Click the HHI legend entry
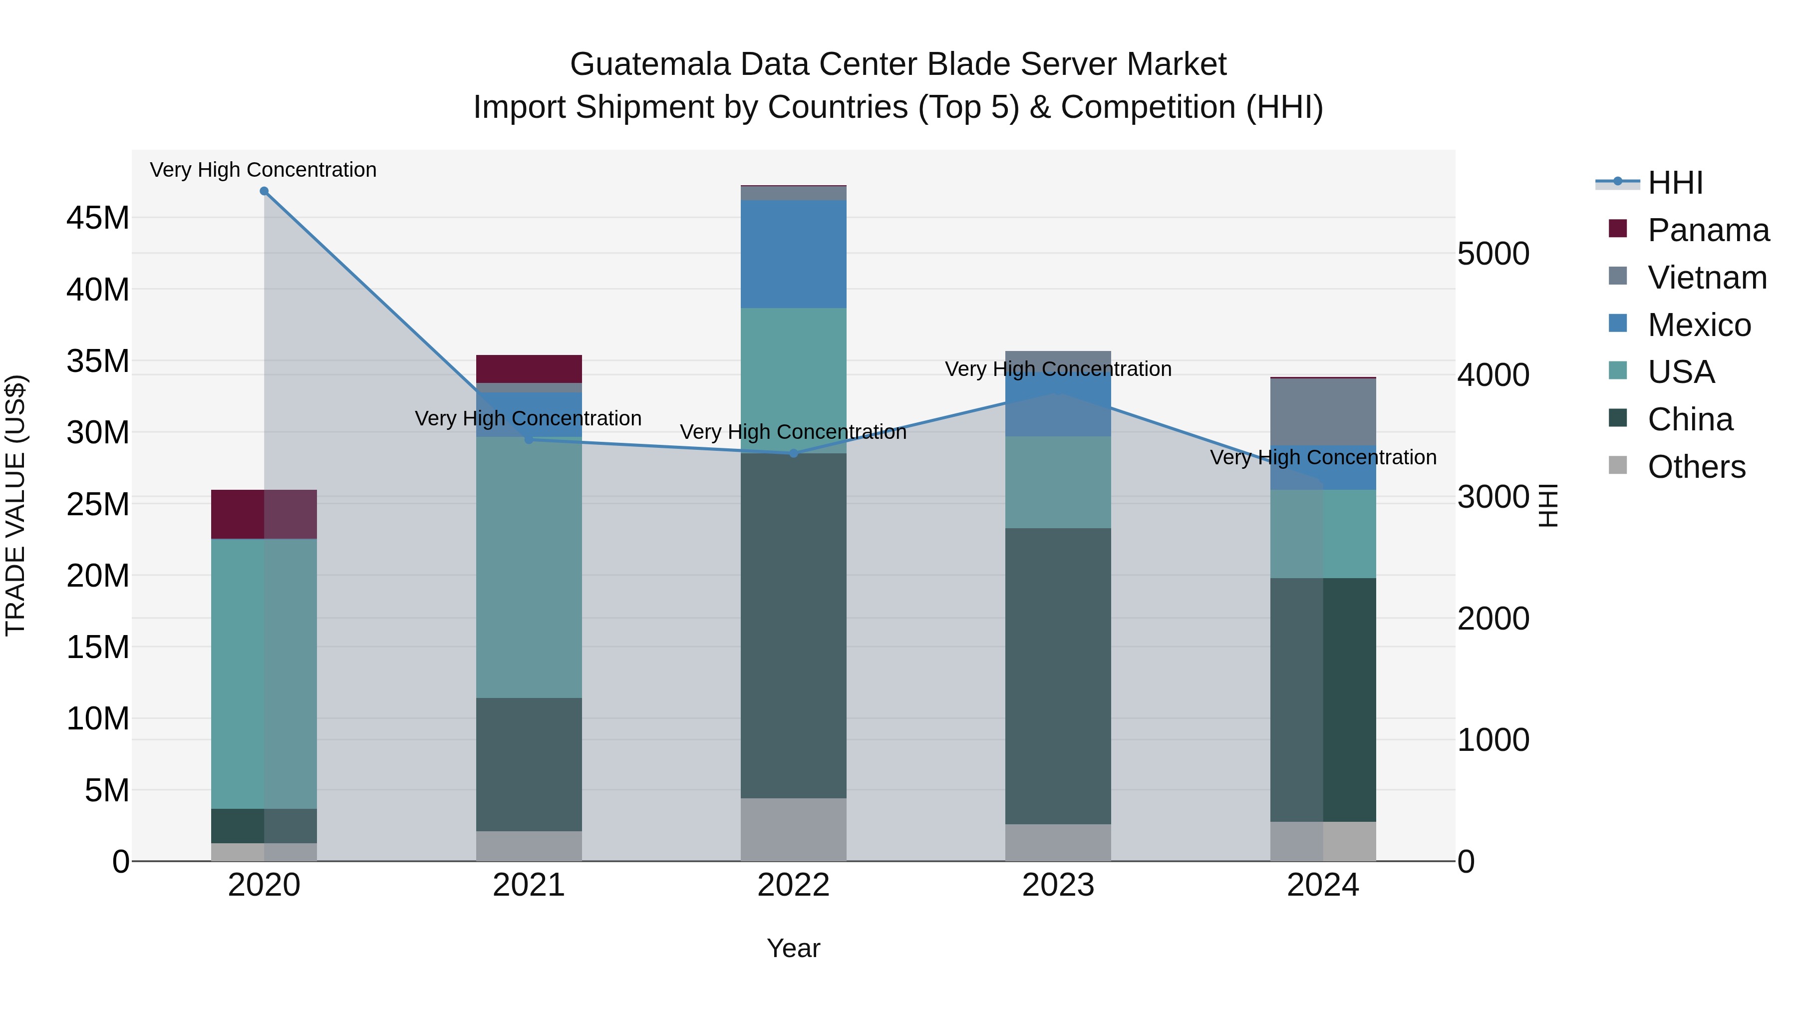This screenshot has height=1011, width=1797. (1674, 183)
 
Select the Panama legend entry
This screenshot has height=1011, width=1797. (1708, 230)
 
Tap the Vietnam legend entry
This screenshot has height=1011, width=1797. (1706, 278)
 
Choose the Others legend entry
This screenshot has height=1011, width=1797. (1696, 467)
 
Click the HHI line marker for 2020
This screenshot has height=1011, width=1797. (264, 191)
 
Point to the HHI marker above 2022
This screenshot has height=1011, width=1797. (793, 453)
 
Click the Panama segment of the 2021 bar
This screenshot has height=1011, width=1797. (529, 368)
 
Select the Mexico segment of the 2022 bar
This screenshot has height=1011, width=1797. (793, 254)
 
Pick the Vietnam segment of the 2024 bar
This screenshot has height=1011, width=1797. (1323, 412)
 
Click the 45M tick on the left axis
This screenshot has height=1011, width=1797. (98, 218)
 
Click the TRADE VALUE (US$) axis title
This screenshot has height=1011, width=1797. (15, 505)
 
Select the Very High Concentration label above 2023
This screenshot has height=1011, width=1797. (1058, 369)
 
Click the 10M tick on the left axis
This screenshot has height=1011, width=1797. (98, 718)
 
